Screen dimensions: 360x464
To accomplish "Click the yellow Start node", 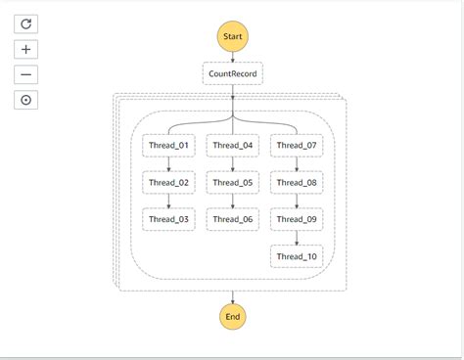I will tap(233, 36).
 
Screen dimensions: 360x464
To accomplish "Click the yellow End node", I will tap(233, 316).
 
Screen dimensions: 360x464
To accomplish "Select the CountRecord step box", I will tap(233, 73).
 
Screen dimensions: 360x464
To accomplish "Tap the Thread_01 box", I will tap(168, 146).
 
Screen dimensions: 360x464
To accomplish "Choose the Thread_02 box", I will tap(168, 182).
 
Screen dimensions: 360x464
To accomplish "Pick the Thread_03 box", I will tap(168, 219).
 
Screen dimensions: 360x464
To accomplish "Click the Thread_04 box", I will tap(233, 146).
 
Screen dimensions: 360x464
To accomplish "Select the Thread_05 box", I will tap(233, 182).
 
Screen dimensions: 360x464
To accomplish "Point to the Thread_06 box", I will tap(233, 219).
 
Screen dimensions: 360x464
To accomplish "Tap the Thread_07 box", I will tap(297, 146).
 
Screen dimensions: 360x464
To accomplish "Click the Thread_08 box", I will tap(297, 182).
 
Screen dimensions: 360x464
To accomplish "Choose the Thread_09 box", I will tap(297, 219).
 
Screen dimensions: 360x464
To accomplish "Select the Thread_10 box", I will tap(297, 256).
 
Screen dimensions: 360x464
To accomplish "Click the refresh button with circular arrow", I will tap(25, 23).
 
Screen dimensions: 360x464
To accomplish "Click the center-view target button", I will tap(25, 99).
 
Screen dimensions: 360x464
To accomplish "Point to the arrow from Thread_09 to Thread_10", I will tap(297, 238).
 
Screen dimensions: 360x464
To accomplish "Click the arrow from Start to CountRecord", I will tap(233, 56).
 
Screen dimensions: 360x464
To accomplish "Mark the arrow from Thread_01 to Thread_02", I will tap(168, 164).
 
